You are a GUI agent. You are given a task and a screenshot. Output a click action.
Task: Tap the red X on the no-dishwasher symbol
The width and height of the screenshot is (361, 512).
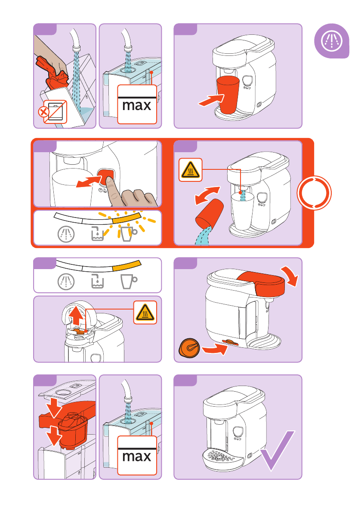point(43,112)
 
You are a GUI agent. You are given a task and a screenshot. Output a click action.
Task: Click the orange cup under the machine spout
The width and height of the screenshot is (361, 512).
point(228,95)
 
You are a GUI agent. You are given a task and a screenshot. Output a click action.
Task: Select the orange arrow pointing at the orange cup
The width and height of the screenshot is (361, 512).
point(211,100)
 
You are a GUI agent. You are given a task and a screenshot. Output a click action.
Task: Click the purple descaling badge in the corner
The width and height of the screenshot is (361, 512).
point(332,41)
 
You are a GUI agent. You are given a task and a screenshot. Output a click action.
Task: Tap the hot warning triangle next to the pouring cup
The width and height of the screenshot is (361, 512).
point(191,170)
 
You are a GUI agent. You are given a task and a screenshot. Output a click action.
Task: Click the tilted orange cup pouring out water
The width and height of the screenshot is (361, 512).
point(209,214)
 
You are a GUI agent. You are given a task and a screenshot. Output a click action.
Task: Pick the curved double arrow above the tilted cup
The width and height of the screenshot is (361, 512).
point(207,195)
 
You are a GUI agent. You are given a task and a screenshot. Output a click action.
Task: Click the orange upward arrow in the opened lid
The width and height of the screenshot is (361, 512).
point(76,315)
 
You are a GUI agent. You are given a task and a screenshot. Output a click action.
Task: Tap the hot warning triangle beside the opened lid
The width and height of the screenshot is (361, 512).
point(145,313)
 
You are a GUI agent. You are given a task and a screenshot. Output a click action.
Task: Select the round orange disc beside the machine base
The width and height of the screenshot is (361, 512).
point(189,348)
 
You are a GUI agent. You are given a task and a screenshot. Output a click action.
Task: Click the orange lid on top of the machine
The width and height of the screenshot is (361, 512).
point(261,282)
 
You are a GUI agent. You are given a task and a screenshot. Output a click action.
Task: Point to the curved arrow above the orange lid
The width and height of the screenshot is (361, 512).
point(290,275)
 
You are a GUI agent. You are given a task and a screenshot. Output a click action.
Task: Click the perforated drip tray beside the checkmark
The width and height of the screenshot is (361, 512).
point(222,457)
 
